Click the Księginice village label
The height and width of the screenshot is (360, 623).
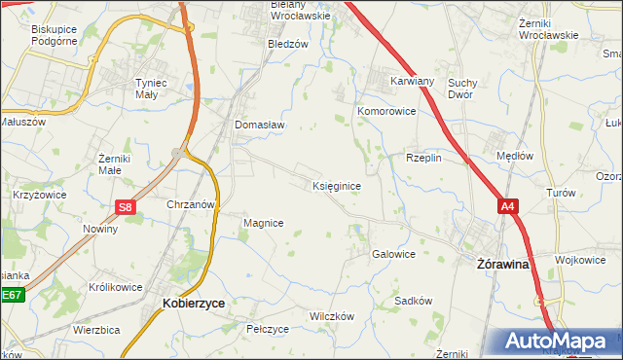tap(339, 185)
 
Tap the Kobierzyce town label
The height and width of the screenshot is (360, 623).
tap(193, 304)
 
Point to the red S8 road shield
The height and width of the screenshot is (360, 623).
tap(125, 206)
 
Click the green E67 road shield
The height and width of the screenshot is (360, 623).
tap(11, 294)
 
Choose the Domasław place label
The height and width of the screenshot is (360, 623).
tap(258, 125)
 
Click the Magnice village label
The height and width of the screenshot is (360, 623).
tap(263, 223)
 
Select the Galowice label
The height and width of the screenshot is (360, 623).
tap(393, 254)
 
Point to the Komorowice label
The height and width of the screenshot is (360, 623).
tap(386, 112)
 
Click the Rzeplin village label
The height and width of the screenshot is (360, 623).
tap(423, 157)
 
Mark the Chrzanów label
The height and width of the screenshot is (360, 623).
tap(190, 205)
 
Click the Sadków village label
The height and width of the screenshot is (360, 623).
tap(413, 301)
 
